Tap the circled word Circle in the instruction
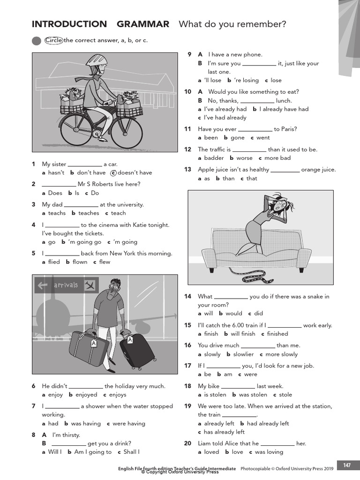(54, 40)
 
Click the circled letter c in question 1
(113, 172)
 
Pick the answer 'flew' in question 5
(105, 262)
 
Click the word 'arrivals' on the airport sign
(66, 285)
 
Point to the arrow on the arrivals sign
(44, 285)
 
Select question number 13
(187, 170)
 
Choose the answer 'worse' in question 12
(244, 158)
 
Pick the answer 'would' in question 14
(234, 314)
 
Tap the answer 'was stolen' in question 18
(253, 395)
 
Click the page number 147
(347, 465)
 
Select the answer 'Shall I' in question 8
(131, 452)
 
